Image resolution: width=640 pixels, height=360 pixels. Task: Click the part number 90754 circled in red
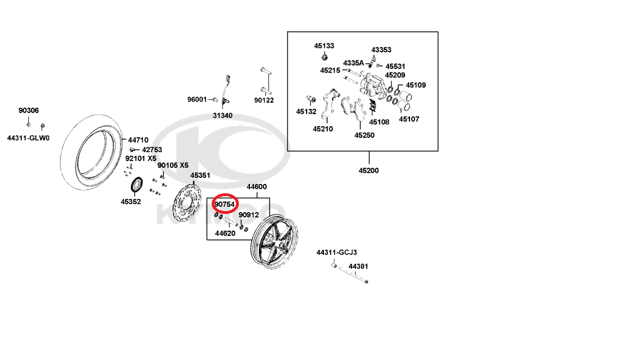[x=224, y=204]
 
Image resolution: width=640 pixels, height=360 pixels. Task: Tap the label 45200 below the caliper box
[x=368, y=171]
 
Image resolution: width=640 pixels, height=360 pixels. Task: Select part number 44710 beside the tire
[x=138, y=140]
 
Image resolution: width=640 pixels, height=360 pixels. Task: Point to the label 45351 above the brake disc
[x=200, y=176]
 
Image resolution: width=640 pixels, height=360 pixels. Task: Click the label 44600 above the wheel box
[x=257, y=187]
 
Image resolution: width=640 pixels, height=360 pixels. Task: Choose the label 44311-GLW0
[x=28, y=138]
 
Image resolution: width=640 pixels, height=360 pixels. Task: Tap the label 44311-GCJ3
[x=337, y=253]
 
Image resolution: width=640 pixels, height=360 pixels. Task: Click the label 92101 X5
[x=141, y=158]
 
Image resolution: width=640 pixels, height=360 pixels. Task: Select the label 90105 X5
[x=173, y=166]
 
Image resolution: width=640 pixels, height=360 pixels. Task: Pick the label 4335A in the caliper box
[x=353, y=63]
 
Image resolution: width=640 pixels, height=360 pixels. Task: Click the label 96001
[x=197, y=99]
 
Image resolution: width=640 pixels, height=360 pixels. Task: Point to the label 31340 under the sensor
[x=222, y=116]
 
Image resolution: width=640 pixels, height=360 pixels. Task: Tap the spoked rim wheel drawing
[x=274, y=241]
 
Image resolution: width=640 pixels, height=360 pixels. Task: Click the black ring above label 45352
[x=132, y=184]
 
